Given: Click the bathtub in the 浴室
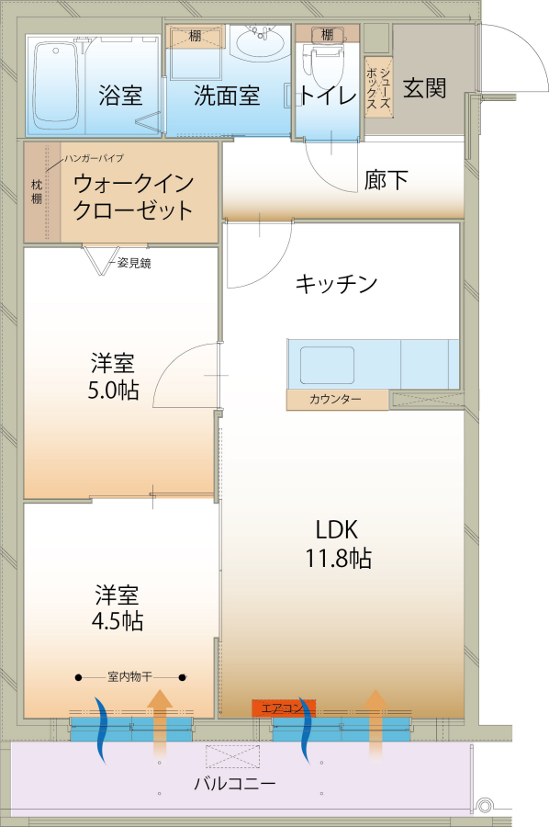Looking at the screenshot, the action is (x=56, y=86).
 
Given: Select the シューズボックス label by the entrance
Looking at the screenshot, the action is (x=379, y=87).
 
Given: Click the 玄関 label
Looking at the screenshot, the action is (x=425, y=87).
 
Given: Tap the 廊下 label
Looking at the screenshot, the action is (x=386, y=180).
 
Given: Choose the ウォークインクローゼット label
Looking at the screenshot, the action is (x=133, y=197).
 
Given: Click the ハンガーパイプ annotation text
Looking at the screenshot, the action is (x=94, y=158).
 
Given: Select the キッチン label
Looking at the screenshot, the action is (x=336, y=284).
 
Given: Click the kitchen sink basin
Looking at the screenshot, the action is (x=327, y=365).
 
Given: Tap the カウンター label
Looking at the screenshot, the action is (x=335, y=400).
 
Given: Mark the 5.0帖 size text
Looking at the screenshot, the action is (x=113, y=391).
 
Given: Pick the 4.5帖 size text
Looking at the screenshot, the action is (x=117, y=621).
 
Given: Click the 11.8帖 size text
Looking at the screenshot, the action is (x=338, y=558).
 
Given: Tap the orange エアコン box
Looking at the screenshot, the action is (x=284, y=708).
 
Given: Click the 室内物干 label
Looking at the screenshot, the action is (x=129, y=676).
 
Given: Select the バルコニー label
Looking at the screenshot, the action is (x=235, y=783).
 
